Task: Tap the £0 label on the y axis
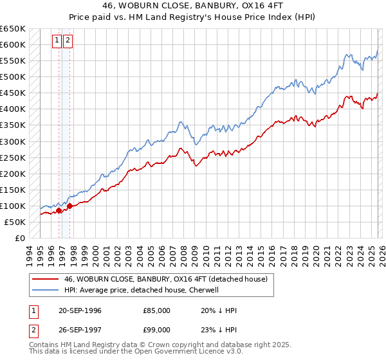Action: [19, 238]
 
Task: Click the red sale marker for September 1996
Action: [59, 210]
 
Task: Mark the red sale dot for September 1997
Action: [69, 206]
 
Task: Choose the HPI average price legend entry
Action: [142, 290]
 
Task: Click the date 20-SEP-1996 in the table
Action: [80, 310]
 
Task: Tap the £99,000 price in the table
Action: [156, 331]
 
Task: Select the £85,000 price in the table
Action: [156, 310]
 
